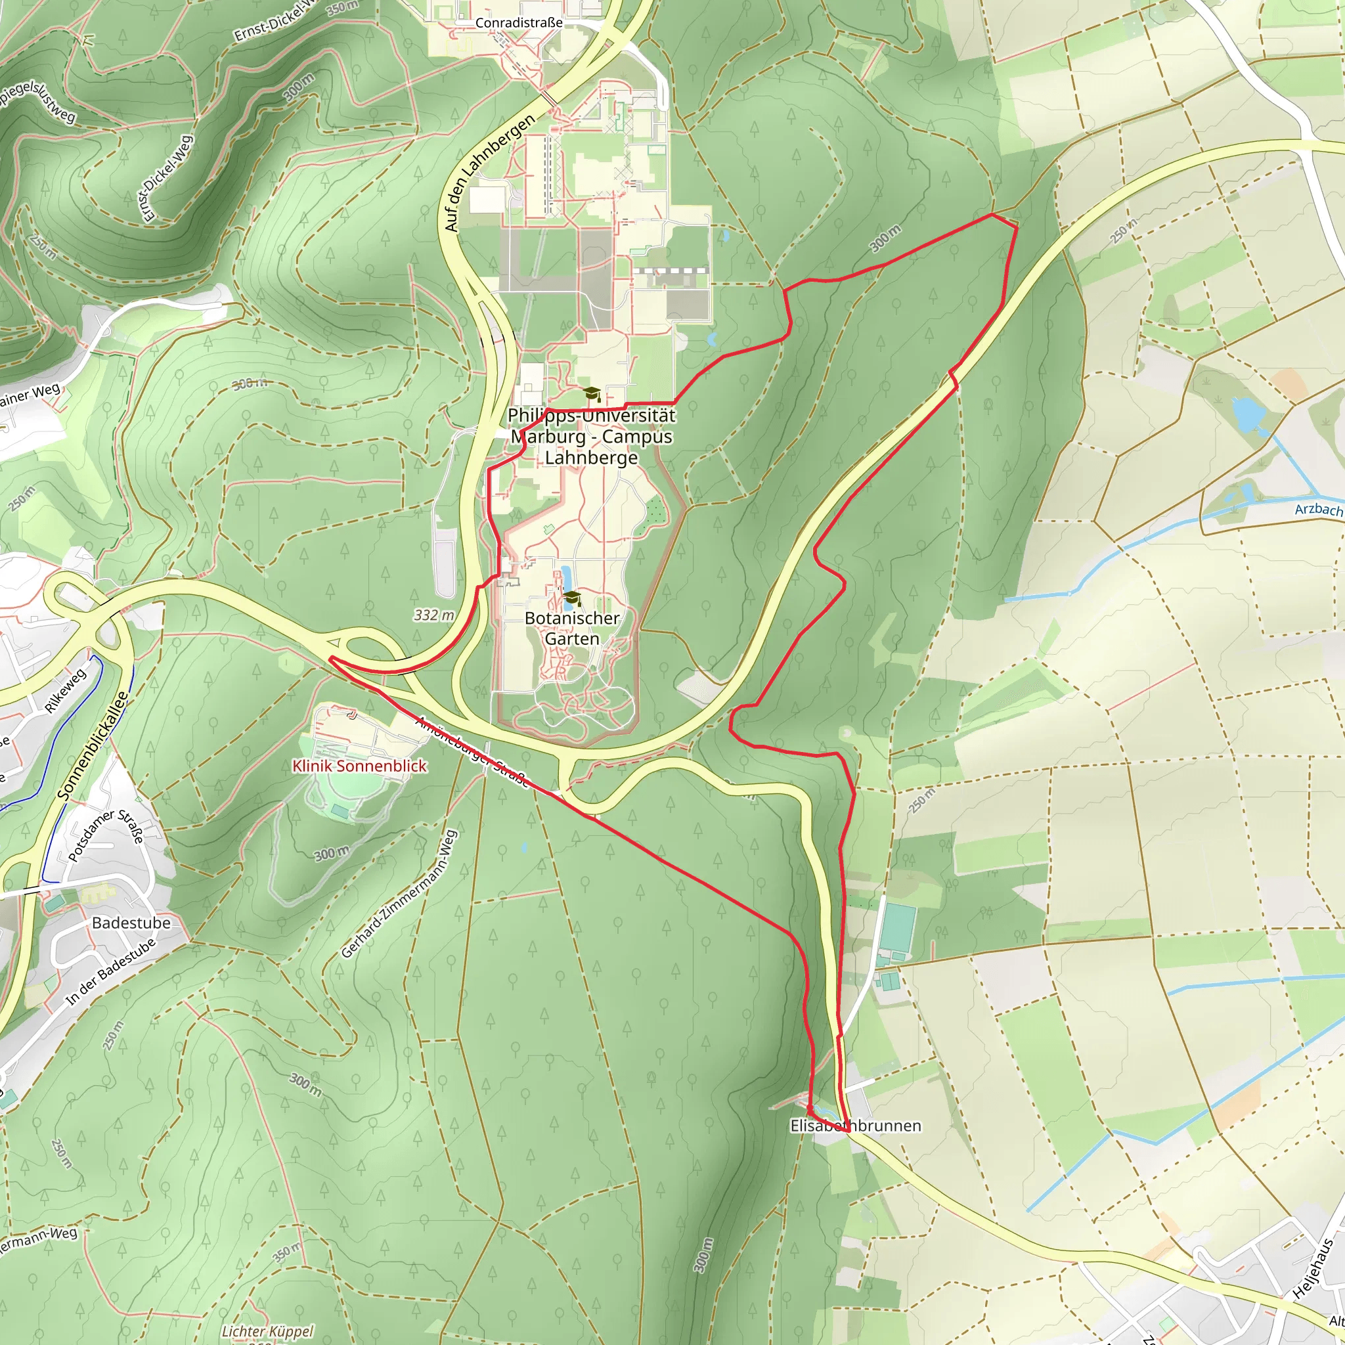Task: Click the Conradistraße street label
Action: pos(519,23)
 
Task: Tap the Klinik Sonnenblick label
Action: pos(359,766)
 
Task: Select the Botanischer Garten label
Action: pos(571,628)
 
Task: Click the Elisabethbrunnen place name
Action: pos(855,1126)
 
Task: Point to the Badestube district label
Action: pos(131,923)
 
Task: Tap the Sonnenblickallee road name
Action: pos(93,745)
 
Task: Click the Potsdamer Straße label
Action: pos(106,835)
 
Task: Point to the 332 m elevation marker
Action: pos(433,615)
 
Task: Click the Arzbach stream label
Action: pos(1318,510)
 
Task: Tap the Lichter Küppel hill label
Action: pos(267,1331)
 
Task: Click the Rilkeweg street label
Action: pos(66,690)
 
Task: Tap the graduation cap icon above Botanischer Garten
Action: pos(572,598)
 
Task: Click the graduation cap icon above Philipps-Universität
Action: pos(591,394)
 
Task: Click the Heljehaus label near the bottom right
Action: pos(1312,1268)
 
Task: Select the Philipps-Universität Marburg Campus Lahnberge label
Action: pos(591,437)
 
